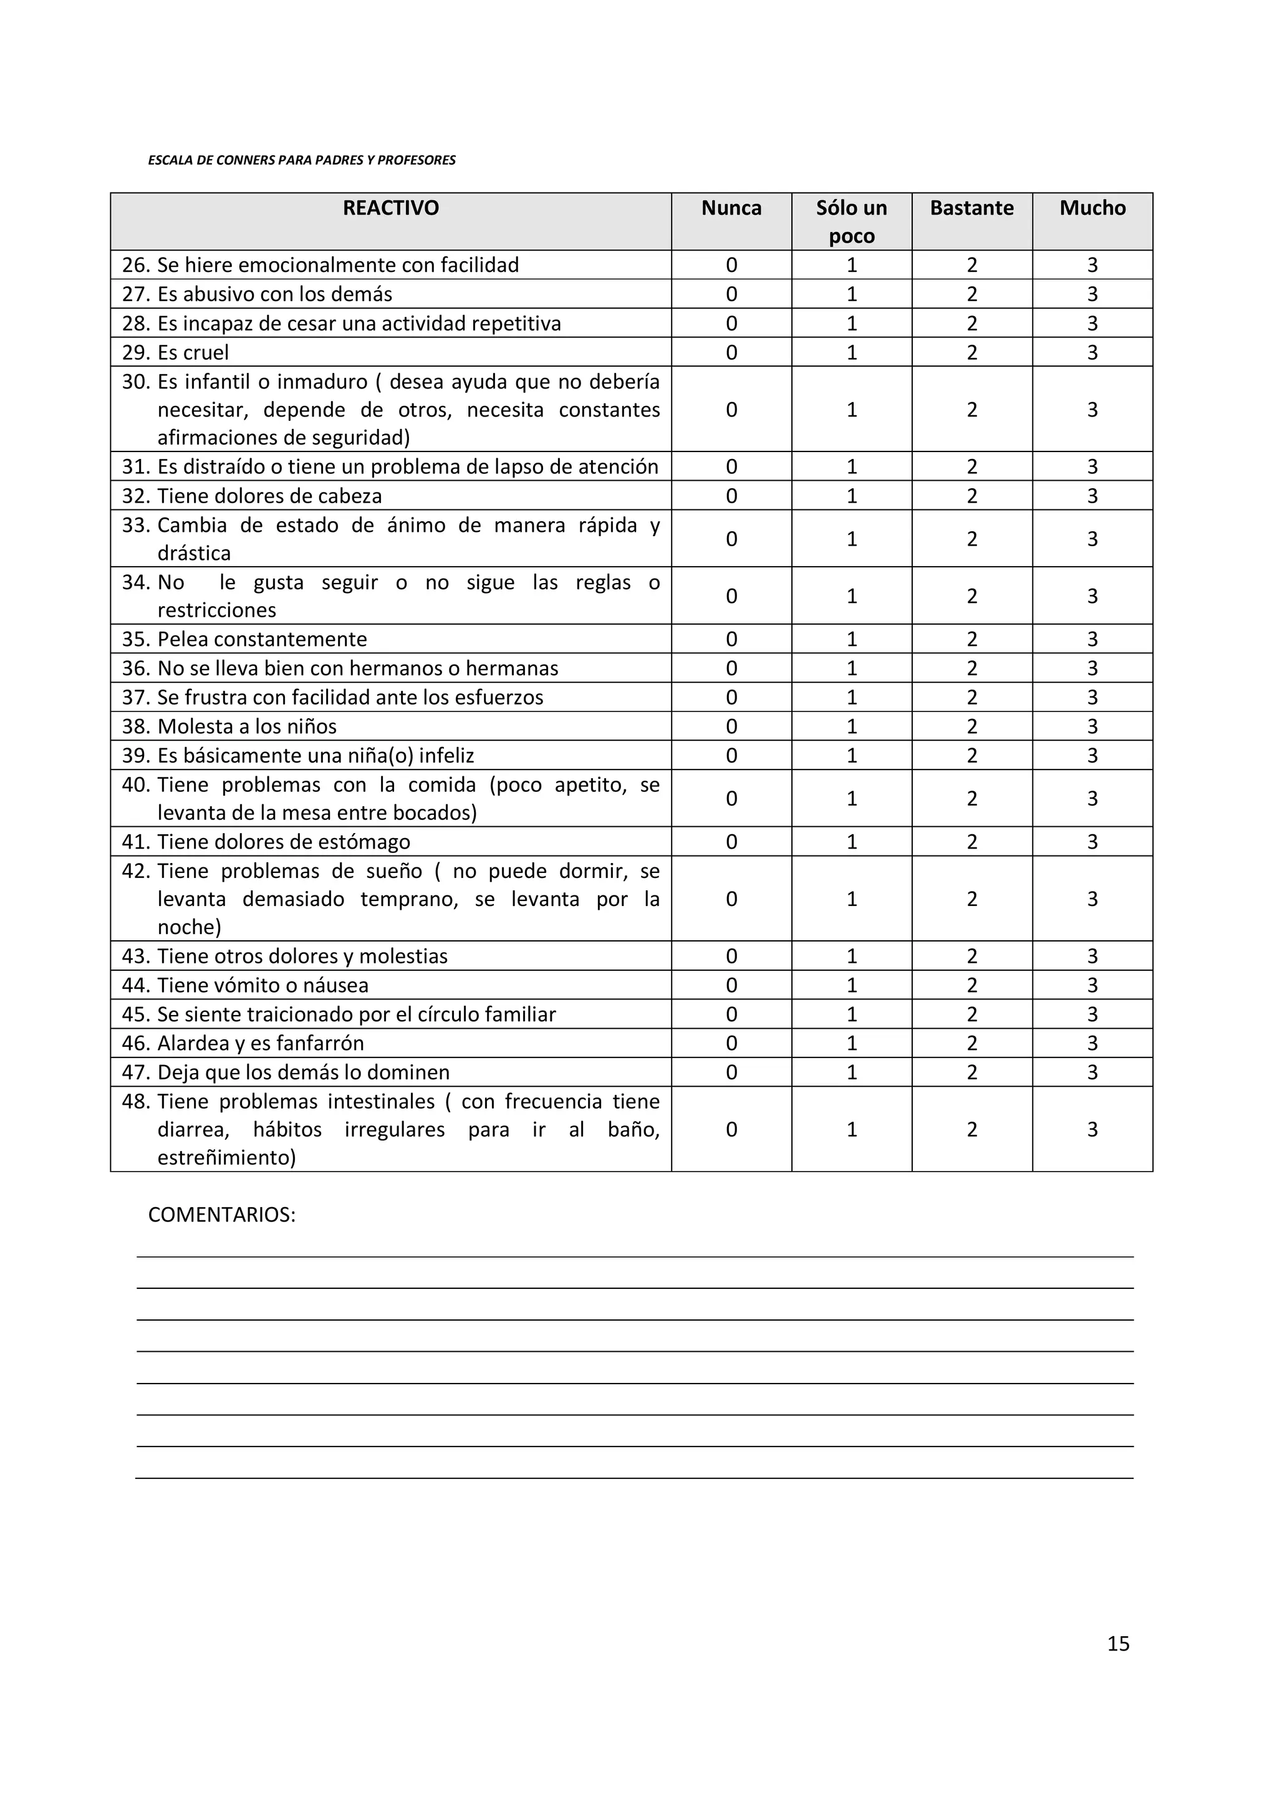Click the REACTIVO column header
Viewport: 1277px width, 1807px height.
pos(390,208)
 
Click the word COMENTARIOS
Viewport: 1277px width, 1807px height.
pos(221,1215)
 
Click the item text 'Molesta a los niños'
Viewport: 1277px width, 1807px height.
pos(246,726)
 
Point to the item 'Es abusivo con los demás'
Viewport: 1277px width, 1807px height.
pos(274,294)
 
